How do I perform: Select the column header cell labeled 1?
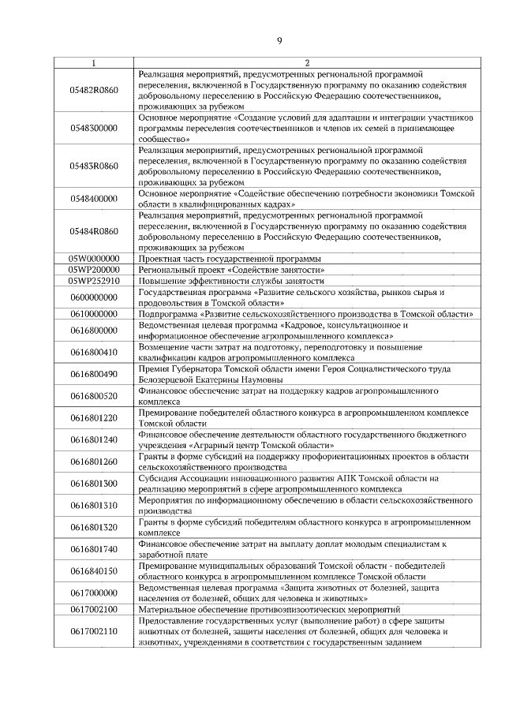pos(94,62)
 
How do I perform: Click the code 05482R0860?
pos(94,89)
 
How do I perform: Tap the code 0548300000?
pos(94,127)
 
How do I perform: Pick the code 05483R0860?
pos(94,165)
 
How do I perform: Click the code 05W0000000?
pos(94,258)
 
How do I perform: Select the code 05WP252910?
pos(94,280)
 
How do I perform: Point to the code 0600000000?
pos(94,297)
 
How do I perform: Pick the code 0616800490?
pos(94,373)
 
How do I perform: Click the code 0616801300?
pos(94,483)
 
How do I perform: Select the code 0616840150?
pos(94,570)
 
